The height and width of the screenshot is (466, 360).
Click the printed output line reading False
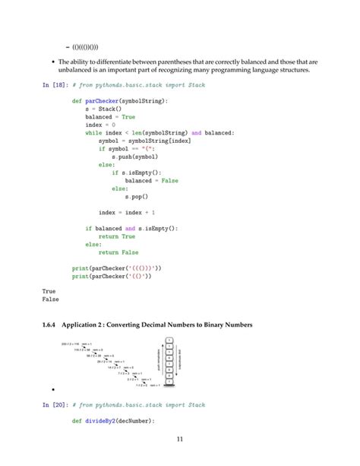[x=50, y=299]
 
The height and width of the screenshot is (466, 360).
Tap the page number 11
[x=179, y=438]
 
